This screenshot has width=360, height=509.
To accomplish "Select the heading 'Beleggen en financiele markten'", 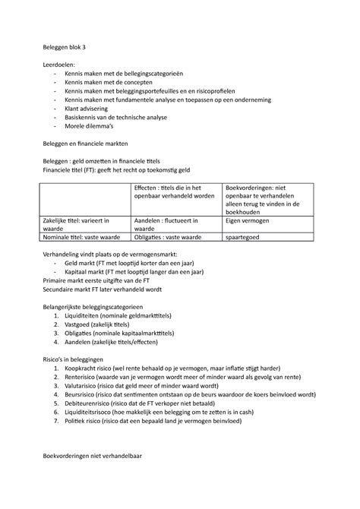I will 100,143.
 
